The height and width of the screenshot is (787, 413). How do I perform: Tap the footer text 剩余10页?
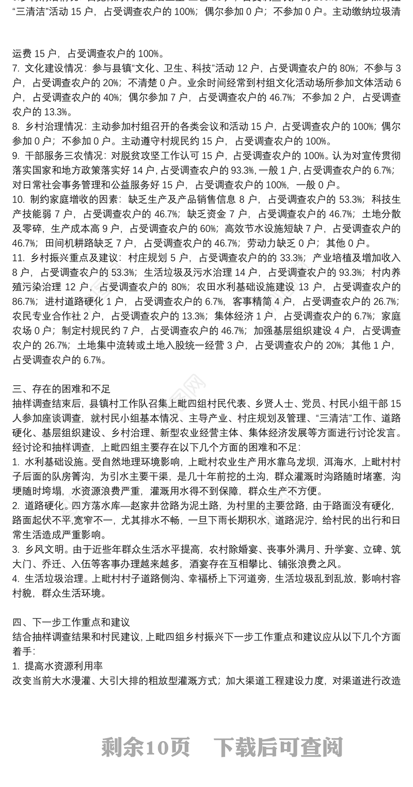click(146, 746)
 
